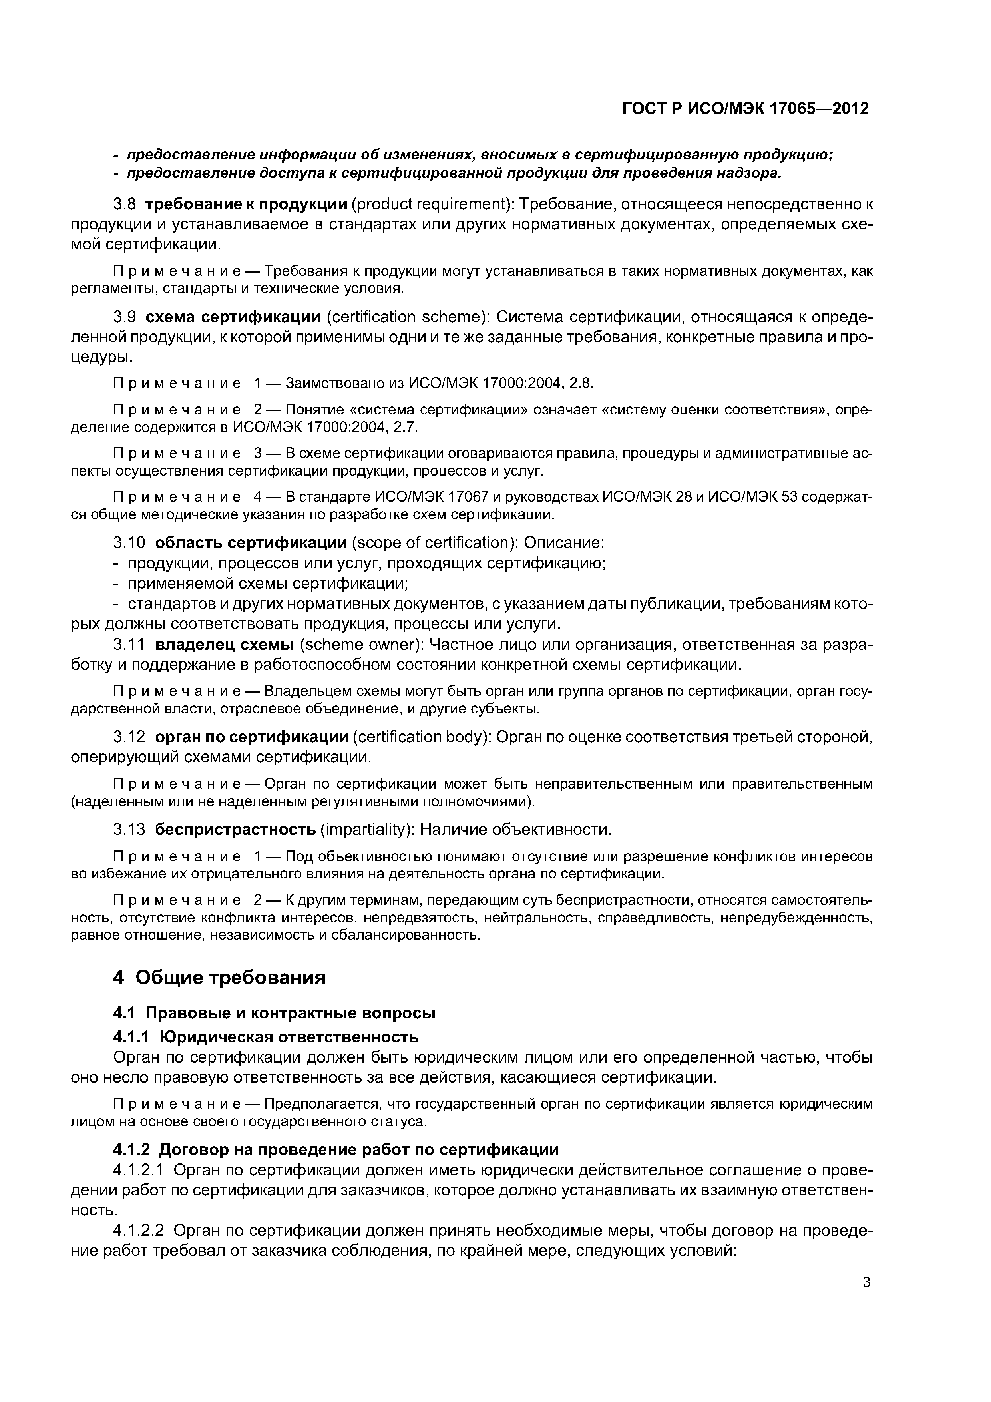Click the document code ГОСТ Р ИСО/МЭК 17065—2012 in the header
click(x=745, y=109)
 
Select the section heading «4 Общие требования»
click(x=219, y=977)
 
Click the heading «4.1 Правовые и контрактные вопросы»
click(x=274, y=1012)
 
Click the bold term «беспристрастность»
click(x=235, y=829)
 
